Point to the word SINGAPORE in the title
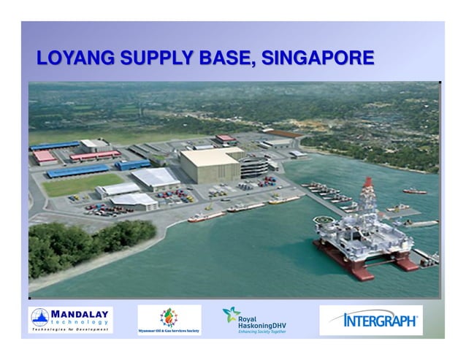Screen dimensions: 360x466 click(x=321, y=58)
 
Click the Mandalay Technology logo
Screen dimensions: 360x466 click(x=70, y=320)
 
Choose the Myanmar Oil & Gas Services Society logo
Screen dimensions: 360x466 click(x=169, y=320)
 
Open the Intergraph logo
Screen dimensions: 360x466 click(x=371, y=320)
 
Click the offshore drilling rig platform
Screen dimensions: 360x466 click(x=358, y=234)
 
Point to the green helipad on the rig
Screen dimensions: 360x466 click(x=321, y=221)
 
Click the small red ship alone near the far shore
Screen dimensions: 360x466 click(x=414, y=191)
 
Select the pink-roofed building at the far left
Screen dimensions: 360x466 click(x=45, y=156)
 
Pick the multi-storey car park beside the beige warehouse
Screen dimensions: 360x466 click(x=254, y=166)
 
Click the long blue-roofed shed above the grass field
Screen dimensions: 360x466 click(x=77, y=170)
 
